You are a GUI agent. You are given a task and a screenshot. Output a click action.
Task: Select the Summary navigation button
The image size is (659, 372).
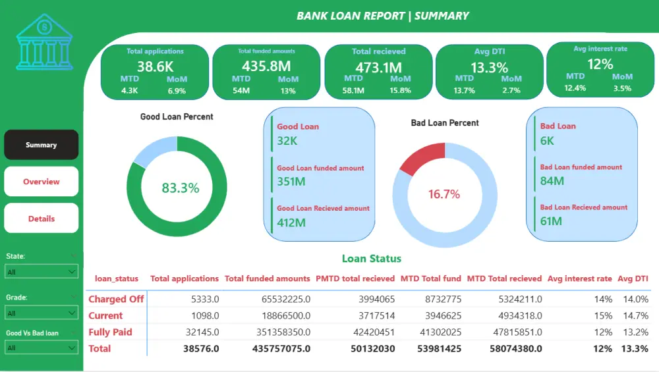point(42,145)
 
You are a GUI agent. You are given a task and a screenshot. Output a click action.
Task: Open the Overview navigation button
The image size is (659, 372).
point(42,182)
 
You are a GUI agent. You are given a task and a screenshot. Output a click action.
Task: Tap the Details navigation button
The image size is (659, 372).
point(42,219)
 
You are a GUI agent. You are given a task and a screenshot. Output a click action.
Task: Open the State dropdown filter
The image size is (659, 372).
point(42,271)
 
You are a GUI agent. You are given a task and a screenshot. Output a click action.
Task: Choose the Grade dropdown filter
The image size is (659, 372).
point(42,313)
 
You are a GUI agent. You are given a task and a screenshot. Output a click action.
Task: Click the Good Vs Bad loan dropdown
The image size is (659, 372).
point(42,347)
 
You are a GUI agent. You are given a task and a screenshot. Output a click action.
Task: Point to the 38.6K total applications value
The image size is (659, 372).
point(155,66)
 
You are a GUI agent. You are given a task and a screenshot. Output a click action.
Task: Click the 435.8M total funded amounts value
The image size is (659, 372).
point(266,66)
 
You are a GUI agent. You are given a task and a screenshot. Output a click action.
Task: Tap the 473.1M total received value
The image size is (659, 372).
point(378,66)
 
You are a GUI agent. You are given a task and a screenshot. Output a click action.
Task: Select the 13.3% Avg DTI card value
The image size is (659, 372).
point(489,67)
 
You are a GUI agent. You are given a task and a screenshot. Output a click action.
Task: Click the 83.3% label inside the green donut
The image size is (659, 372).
point(180,188)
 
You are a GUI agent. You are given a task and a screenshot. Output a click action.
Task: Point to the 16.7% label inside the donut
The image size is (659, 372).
point(444,194)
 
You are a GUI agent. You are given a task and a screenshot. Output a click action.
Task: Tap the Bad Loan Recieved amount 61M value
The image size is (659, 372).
point(551,221)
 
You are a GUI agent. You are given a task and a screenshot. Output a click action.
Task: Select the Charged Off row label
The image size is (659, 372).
point(116,299)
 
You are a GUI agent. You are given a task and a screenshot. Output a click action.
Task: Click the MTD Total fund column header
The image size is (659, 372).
point(431,279)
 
